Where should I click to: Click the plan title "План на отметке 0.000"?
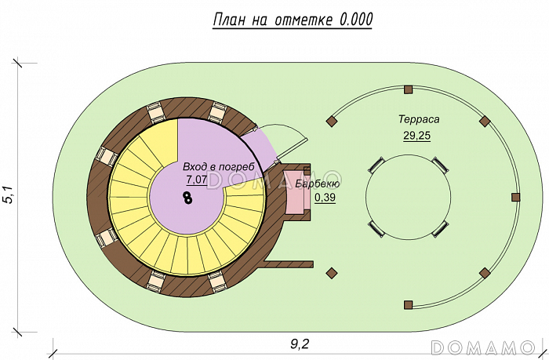point(293,20)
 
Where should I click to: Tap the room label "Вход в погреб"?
point(219,167)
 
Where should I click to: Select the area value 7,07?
point(196,180)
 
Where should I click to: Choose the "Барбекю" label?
point(318,184)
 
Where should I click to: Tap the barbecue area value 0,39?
point(325,198)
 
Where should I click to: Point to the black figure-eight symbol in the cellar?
point(187,198)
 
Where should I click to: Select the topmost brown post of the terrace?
point(408,90)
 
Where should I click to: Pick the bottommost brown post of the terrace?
point(408,304)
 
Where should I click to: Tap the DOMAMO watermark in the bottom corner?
point(483,346)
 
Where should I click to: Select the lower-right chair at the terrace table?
point(445,229)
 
